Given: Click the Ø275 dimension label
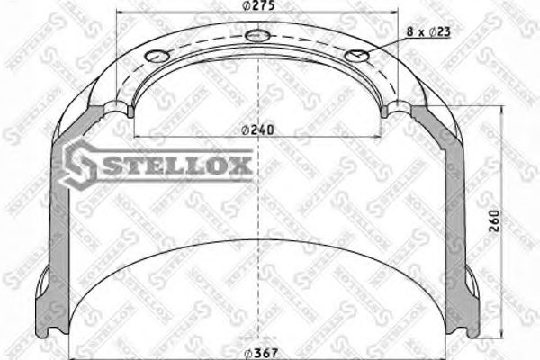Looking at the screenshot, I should point(257,6).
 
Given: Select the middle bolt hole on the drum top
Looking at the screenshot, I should point(257,36).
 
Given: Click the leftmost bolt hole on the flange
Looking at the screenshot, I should point(157,57).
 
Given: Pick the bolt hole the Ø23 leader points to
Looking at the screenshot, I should point(358,56).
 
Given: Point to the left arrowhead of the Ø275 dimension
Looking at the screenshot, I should point(121,14).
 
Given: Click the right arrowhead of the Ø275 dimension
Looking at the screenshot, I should point(394,14).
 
